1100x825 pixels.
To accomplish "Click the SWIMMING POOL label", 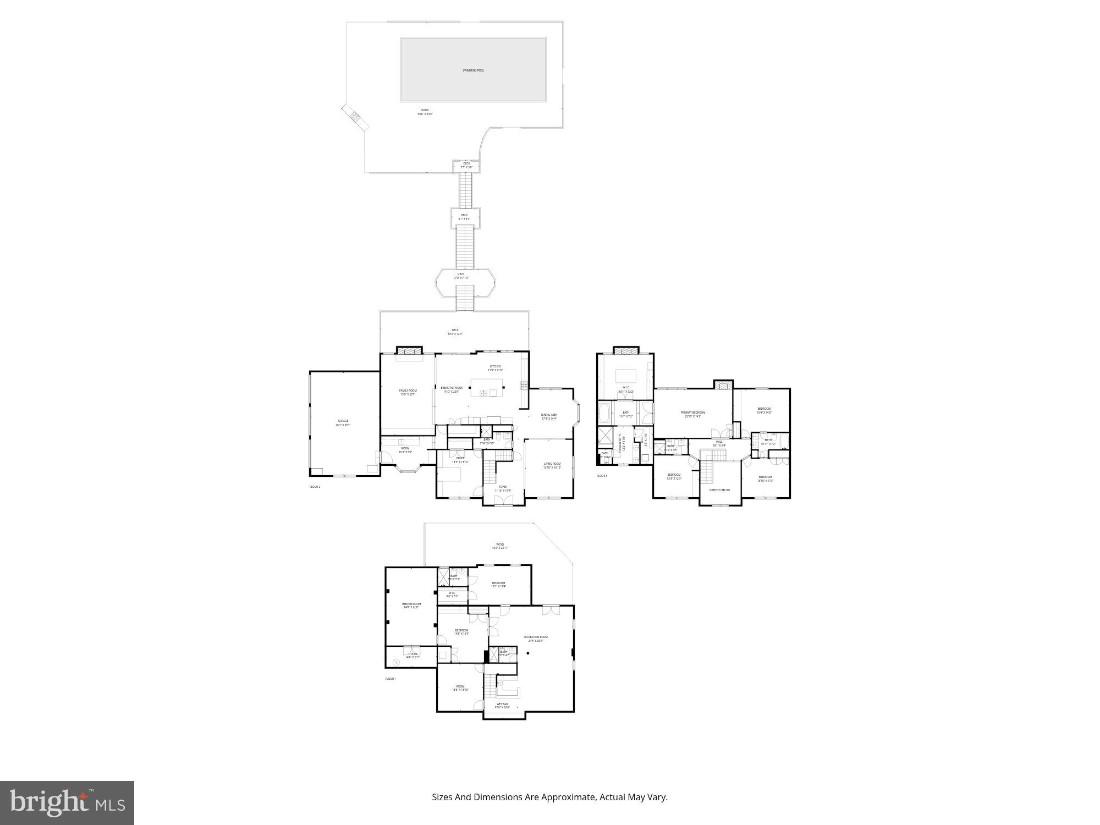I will pos(473,70).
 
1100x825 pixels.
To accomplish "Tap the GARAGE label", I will pos(343,421).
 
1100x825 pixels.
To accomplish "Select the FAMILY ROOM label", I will pos(408,391).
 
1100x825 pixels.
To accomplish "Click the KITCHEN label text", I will pos(495,367).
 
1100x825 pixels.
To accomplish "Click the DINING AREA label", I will pos(549,415).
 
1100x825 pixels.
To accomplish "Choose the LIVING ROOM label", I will pos(552,464).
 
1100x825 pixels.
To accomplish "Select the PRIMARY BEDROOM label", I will pos(692,413).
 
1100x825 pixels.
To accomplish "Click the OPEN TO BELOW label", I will pos(719,490).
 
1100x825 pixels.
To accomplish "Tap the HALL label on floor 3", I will pos(719,442).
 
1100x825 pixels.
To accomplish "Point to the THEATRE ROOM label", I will pos(411,604).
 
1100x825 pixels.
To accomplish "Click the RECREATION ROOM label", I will pos(535,637).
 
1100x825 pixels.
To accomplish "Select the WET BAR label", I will pos(502,704).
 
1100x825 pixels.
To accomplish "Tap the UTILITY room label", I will pos(413,654).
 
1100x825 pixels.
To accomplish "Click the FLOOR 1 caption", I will pos(390,679).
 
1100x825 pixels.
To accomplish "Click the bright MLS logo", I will pos(67,803).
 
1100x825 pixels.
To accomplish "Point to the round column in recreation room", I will pos(527,653).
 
